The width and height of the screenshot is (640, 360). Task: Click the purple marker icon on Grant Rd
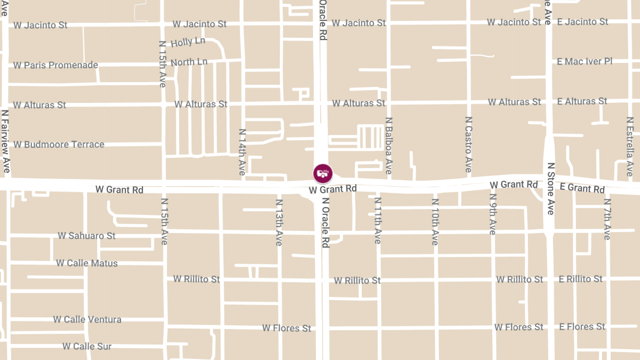(323, 173)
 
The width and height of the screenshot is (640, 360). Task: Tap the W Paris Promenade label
(56, 65)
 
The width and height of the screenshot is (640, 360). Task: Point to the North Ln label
(189, 62)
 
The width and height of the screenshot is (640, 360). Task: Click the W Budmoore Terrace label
(59, 144)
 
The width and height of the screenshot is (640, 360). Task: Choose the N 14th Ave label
(242, 152)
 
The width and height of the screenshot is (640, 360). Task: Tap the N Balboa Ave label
(388, 146)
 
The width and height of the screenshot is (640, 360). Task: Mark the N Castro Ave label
(468, 145)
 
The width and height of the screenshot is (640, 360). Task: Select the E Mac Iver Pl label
(585, 61)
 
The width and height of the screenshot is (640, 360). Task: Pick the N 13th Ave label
(278, 222)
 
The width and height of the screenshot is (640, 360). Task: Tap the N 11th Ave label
(378, 221)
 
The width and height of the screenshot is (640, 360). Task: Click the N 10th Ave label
(435, 222)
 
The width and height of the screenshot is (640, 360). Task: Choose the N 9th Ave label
(492, 213)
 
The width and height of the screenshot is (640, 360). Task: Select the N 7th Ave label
(607, 219)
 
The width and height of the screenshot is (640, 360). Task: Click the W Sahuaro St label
(86, 235)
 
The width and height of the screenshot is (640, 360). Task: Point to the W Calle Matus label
(87, 263)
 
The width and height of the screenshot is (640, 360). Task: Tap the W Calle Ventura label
(87, 319)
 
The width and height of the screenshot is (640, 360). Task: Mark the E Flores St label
(582, 326)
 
